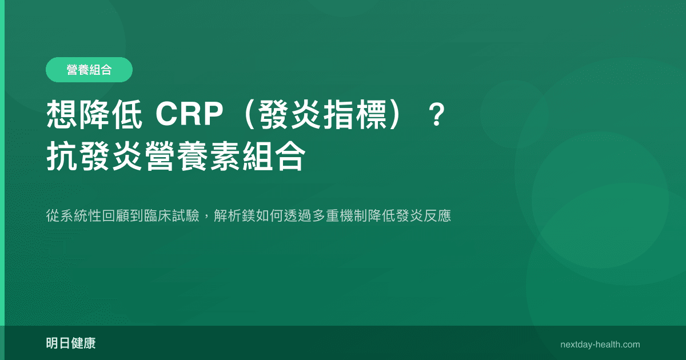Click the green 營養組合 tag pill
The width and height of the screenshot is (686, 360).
pyautogui.click(x=89, y=70)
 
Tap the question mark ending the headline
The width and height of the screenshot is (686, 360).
pyautogui.click(x=437, y=116)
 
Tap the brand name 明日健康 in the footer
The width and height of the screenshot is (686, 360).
pyautogui.click(x=71, y=344)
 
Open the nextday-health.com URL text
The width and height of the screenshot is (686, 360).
pyautogui.click(x=600, y=345)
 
